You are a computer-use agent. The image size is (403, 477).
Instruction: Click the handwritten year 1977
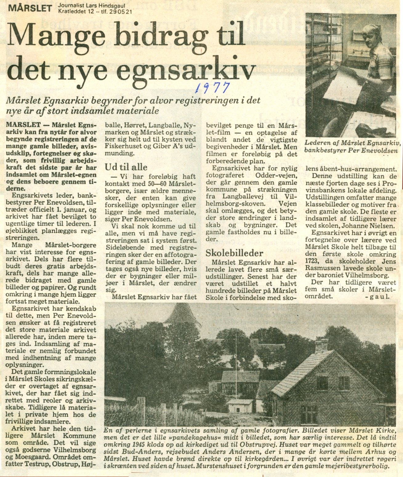[212, 87]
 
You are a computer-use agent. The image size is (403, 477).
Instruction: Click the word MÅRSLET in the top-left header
[30, 8]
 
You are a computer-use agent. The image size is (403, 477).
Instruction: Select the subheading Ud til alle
[126, 167]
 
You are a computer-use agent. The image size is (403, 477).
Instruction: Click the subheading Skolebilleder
[234, 253]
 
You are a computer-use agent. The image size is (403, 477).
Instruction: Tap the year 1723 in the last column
[312, 261]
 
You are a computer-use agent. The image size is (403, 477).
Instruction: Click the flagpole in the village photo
[236, 354]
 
